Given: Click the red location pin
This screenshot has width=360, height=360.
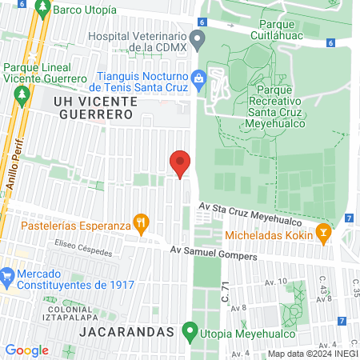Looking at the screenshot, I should click(180, 163).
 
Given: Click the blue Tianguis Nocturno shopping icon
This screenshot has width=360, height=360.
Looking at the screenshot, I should click(201, 78).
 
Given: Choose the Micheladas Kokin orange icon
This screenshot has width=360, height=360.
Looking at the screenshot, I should click(324, 235).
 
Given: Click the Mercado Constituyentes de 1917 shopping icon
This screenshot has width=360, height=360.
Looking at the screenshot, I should click(7, 276).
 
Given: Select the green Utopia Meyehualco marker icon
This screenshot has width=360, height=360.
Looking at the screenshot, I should click(190, 331).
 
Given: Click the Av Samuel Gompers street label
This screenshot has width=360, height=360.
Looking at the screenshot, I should click(214, 253).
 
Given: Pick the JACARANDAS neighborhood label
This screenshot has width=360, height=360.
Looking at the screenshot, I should click(128, 331).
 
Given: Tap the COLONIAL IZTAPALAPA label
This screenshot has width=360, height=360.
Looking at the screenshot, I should click(75, 314).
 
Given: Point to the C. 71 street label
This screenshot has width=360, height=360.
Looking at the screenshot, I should click(226, 295).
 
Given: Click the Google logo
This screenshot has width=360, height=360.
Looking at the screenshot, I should click(27, 350).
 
